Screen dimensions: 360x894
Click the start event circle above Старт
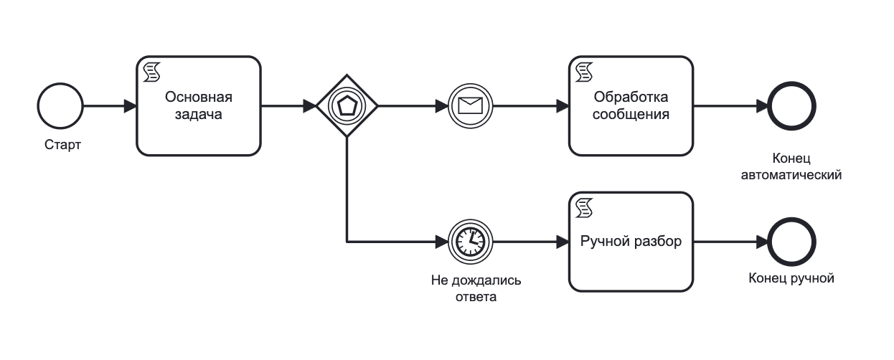pos(60,106)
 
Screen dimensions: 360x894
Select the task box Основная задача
pos(199,106)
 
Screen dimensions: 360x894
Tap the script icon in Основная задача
pos(151,71)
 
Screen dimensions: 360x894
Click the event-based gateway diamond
pos(347,106)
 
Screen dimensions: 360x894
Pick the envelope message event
pos(469,106)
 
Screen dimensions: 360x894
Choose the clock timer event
pos(469,242)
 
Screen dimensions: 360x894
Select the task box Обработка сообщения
pos(631,106)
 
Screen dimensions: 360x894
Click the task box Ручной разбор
pos(631,242)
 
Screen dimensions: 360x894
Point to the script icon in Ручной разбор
pos(584,207)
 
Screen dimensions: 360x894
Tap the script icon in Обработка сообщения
pos(584,71)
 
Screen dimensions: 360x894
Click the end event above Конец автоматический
pos(791,106)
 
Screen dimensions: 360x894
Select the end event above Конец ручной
pos(791,242)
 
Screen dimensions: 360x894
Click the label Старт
pos(62,146)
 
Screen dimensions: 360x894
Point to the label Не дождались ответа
pos(476,288)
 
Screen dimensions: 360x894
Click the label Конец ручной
pos(791,278)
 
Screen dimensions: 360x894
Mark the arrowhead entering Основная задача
pos(131,106)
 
